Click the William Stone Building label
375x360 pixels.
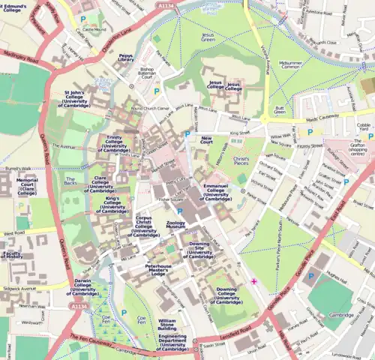[166, 324]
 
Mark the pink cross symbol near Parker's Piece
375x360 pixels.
[254, 281]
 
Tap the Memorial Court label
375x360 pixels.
[27, 185]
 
